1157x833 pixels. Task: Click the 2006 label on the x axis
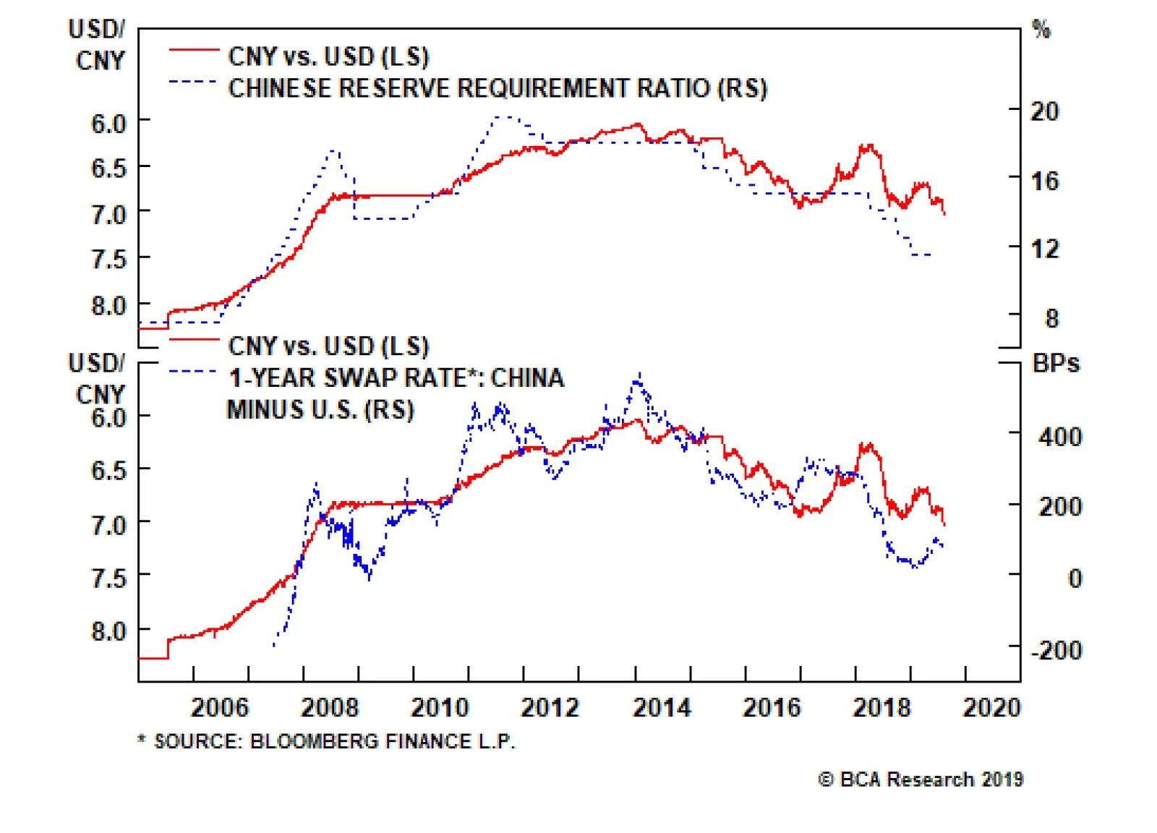pos(219,706)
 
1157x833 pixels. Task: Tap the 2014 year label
pos(661,706)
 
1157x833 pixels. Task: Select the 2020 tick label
pos(991,706)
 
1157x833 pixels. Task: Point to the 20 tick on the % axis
pos(1044,111)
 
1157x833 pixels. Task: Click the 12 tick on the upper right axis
pos(1044,249)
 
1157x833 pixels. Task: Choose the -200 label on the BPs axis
pos(1056,650)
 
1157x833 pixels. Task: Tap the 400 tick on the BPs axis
pos(1059,437)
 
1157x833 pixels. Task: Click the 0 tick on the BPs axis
pos(1075,578)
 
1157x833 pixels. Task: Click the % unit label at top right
pos(1041,30)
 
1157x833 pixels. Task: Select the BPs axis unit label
pos(1055,363)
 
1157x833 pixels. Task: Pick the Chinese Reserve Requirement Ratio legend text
pos(498,88)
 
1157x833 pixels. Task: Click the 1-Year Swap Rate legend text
pos(396,378)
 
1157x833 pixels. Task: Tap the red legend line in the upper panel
pos(194,50)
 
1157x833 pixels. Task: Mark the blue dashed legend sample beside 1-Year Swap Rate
pos(192,372)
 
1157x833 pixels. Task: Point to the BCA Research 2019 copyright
pos(921,779)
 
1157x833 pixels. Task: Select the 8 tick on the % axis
pos(1051,319)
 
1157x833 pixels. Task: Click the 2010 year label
pos(440,706)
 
